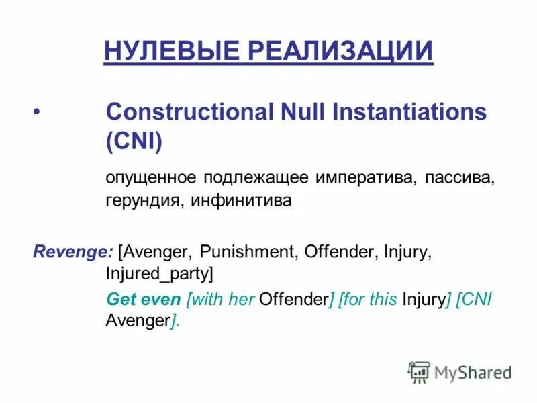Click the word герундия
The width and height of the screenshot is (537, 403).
(143, 201)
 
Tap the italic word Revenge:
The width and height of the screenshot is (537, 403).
(72, 252)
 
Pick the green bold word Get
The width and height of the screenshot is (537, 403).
(121, 299)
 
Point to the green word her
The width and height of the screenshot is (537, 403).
(242, 299)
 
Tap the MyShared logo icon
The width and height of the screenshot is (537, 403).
(419, 371)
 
